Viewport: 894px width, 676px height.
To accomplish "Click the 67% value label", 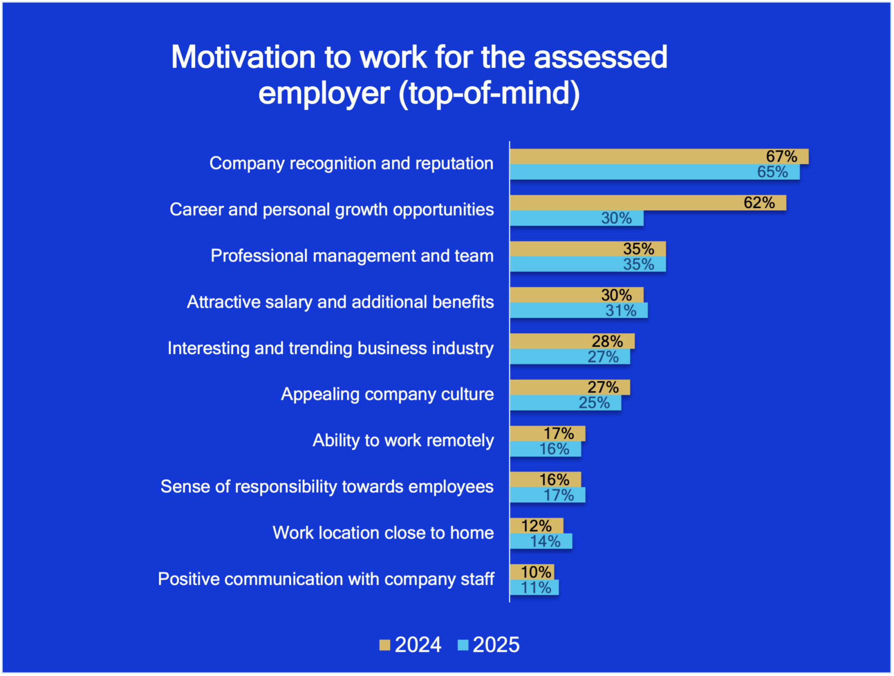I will pos(781,156).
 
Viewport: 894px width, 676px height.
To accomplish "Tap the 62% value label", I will pos(759,202).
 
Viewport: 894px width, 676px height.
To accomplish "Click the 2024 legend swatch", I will pos(385,645).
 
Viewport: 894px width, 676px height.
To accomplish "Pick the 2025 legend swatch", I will pos(463,645).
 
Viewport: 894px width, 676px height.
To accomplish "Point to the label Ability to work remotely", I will pos(403,440).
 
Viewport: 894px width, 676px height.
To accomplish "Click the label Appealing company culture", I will pos(387,394).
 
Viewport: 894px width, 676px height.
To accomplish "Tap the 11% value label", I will pos(536,588).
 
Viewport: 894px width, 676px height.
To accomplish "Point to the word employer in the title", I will pos(324,93).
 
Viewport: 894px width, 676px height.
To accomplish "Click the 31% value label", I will pos(621,310).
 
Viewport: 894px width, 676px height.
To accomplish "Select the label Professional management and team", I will pos(352,255).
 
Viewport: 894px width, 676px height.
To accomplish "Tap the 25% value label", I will pos(594,403).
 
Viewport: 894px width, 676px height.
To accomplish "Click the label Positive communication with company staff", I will pos(325,579).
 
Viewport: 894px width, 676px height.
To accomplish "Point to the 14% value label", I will pos(545,541).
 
